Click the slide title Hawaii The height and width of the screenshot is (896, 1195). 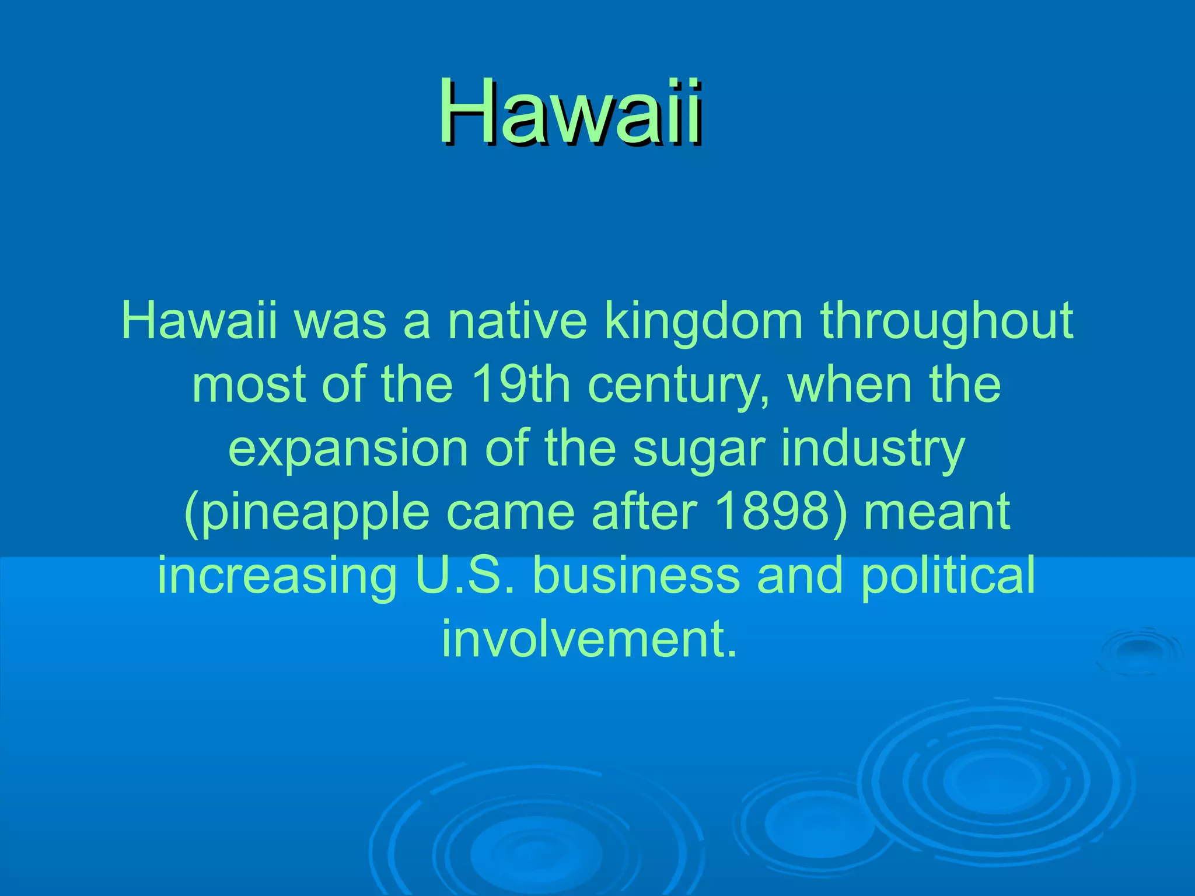tap(571, 112)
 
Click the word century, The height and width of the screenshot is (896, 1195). tap(679, 385)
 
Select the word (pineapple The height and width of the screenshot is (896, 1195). tap(306, 512)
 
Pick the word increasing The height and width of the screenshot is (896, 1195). tap(277, 575)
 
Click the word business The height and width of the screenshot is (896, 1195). tap(636, 575)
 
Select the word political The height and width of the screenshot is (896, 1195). tap(948, 575)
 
